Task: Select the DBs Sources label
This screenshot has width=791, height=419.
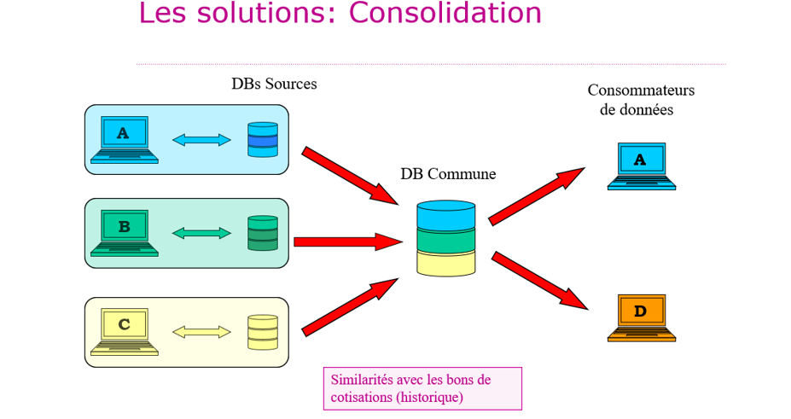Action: tap(274, 84)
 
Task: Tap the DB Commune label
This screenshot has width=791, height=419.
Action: tap(448, 174)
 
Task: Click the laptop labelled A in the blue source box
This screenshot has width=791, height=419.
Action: tap(125, 140)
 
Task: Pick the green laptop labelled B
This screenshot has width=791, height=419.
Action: tap(125, 233)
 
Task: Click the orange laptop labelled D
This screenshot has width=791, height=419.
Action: tap(641, 317)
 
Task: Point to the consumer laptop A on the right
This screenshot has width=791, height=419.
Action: tap(641, 166)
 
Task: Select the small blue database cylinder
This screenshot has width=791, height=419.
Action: tap(262, 140)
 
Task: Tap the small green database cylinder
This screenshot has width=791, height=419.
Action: tap(262, 233)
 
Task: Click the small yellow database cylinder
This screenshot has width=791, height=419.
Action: tap(262, 332)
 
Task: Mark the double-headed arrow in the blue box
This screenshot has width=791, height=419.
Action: tap(201, 140)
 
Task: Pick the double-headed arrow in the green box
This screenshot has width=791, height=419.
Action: tap(201, 233)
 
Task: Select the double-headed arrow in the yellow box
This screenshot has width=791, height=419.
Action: tap(201, 332)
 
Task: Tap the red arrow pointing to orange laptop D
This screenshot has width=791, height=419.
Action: tap(540, 280)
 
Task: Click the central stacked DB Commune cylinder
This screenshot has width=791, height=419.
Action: tap(445, 238)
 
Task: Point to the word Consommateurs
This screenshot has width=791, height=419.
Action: tap(641, 90)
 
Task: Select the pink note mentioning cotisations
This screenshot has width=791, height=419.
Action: tap(422, 388)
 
